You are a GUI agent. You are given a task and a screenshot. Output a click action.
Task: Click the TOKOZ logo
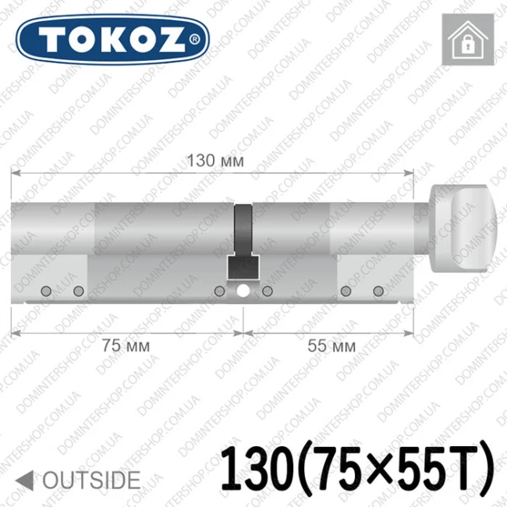point(112,40)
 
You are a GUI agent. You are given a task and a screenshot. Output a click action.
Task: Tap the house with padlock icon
point(468,40)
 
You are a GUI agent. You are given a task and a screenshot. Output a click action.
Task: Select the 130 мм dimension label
point(215,161)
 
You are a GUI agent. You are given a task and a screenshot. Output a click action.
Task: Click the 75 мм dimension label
point(126,346)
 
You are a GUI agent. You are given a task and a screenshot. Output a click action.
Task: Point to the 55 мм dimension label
point(331,346)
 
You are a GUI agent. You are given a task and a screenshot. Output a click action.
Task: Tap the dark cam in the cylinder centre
point(243,242)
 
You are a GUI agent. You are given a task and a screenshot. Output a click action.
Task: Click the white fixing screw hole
point(243,291)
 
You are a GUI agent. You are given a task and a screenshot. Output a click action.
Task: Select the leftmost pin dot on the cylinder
point(46,291)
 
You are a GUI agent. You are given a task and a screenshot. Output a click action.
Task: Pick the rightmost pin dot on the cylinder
point(378,291)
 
